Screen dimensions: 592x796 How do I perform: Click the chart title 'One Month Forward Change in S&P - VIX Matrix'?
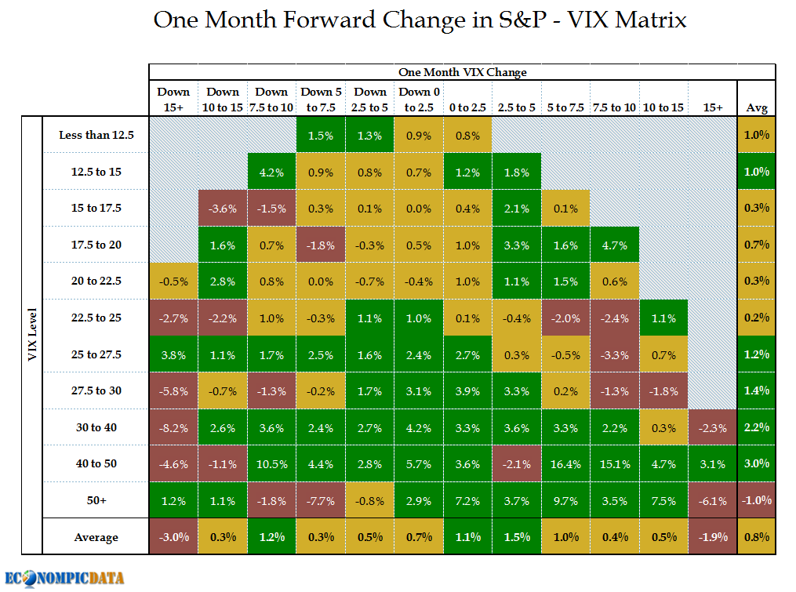click(x=420, y=20)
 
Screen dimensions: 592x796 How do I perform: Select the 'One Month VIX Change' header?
click(x=462, y=72)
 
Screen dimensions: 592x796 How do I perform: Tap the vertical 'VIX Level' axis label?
click(x=31, y=336)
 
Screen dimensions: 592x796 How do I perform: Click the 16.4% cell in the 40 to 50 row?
click(x=565, y=464)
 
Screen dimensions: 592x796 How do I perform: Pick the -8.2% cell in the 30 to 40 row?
click(x=173, y=428)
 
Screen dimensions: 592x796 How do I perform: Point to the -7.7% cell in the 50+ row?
click(x=321, y=500)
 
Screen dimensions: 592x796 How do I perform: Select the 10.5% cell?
click(x=271, y=464)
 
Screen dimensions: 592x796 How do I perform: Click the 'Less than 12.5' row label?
click(x=96, y=135)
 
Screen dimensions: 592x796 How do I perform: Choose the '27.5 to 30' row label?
click(x=96, y=390)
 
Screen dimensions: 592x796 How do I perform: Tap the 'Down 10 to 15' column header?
click(x=223, y=99)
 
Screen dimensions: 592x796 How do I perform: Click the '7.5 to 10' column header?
click(x=614, y=107)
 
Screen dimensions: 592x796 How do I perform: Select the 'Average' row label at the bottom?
click(x=96, y=537)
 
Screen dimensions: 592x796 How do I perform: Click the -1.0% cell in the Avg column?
click(x=757, y=500)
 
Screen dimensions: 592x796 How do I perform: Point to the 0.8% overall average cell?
click(x=757, y=537)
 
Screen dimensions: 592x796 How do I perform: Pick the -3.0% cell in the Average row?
click(x=173, y=537)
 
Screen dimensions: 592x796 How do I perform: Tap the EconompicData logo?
click(x=64, y=578)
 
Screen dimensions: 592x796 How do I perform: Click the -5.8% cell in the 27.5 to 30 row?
click(x=173, y=390)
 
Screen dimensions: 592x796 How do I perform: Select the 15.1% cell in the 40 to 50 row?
click(x=614, y=464)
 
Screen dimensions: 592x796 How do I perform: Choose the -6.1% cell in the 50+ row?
click(x=712, y=500)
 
